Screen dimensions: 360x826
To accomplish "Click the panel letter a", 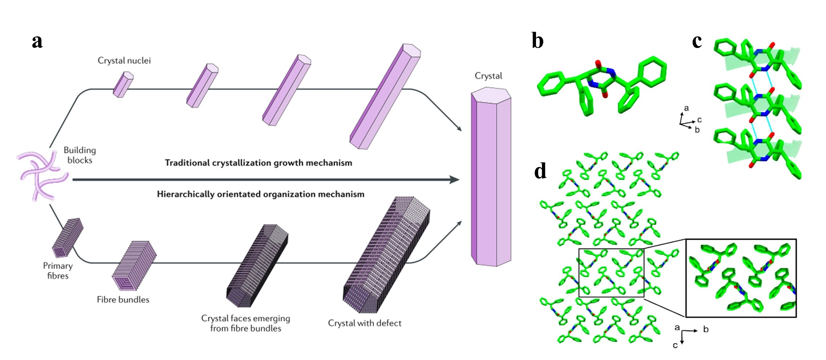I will (37, 41).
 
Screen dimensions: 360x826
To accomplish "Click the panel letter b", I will (537, 41).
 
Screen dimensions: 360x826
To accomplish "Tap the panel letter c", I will (697, 41).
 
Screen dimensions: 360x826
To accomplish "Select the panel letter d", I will (540, 171).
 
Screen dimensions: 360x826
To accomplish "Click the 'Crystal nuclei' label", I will (124, 61).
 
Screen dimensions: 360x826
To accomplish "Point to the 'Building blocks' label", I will (80, 155).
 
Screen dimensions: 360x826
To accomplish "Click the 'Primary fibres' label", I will (58, 271).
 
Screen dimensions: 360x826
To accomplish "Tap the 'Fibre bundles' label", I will (123, 300).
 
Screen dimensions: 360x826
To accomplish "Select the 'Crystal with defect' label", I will (364, 323).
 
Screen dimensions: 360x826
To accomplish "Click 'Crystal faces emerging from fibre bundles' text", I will (246, 323).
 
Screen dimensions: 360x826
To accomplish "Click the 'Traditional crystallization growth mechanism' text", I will (258, 163).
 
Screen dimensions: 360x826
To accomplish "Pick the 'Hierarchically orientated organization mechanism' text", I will (261, 194).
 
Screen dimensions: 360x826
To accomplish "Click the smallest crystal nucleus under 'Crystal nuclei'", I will (123, 85).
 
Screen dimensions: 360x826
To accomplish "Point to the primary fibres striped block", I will (68, 237).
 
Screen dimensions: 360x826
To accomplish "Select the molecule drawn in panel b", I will (602, 85).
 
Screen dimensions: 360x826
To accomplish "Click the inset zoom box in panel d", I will (741, 278).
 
